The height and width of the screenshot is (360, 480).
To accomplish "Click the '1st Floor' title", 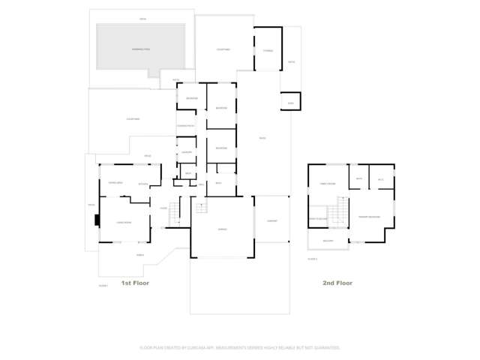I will point(136,283).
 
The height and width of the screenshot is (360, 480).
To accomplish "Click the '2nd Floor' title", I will point(337,283).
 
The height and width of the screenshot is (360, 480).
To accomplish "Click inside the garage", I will point(222,228).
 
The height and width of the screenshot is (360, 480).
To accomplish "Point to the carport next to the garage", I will point(272,220).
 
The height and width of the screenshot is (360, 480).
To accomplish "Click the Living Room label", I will point(124,222).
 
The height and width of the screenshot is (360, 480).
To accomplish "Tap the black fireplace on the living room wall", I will point(96,220).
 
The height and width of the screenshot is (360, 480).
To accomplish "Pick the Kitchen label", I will point(143,184).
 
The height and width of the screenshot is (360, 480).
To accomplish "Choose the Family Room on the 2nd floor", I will point(327,184).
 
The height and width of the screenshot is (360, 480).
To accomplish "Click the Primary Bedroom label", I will point(368,217).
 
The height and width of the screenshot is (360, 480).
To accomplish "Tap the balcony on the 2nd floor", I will point(328,240).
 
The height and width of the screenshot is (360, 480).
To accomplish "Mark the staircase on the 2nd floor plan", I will point(341,211).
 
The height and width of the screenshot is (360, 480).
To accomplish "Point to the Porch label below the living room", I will point(139,255).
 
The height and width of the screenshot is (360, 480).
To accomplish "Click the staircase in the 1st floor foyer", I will point(175,214).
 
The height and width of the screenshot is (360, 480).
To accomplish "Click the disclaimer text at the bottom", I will point(240,347).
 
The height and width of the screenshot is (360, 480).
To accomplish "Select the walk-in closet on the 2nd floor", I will point(380,179).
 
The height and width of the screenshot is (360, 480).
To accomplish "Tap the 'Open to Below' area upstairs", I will point(318,218).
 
